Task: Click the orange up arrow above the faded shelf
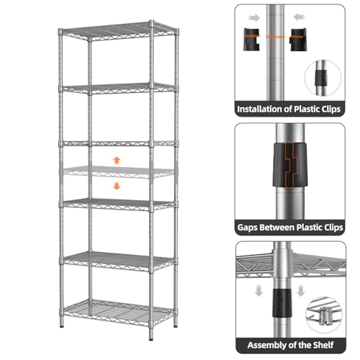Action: point(117,161)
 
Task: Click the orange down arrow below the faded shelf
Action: point(117,186)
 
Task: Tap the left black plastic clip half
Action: point(251,40)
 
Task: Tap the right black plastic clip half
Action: point(298,40)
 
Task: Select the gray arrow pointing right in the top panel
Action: point(254,17)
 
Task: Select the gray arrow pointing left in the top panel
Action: point(300,17)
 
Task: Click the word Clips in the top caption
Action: point(331,109)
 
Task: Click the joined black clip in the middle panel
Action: point(290,165)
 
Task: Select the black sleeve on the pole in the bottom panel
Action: point(282,302)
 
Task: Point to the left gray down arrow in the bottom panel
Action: point(258,290)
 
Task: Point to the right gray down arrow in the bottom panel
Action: point(300,290)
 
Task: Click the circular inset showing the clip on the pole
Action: point(323,78)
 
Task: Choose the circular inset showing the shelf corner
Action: point(324,315)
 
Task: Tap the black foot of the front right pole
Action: point(151,339)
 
